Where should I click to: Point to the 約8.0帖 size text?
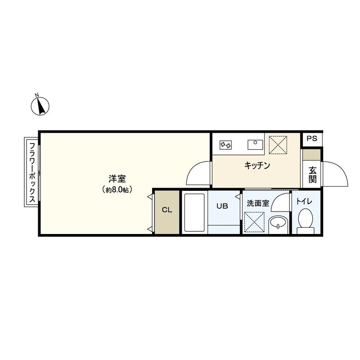116,190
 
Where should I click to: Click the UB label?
222,207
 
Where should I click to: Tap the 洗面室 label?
258,203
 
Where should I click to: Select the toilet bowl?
306,219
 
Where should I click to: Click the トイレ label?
306,202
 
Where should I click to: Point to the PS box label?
311,139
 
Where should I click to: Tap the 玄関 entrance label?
312,175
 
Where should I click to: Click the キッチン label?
257,166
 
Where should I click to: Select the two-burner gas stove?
225,145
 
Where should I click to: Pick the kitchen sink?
255,144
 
